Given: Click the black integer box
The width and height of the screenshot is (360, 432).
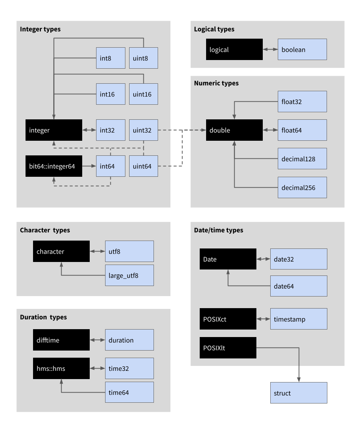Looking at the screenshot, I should [x=54, y=130].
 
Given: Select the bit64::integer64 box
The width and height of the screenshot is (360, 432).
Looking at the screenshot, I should [x=54, y=166].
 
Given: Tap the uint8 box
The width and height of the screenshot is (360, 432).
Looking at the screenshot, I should [x=143, y=58].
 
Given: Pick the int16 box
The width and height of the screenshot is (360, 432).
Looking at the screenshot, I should [x=111, y=94].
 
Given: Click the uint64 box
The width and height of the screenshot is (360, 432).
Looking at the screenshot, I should [x=143, y=166].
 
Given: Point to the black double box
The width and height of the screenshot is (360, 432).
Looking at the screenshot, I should [x=234, y=130].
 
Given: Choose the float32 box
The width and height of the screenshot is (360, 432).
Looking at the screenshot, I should [x=302, y=101].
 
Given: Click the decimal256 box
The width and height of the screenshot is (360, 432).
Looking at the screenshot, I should [x=302, y=187].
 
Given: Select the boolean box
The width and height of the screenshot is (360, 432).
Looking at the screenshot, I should [x=302, y=49].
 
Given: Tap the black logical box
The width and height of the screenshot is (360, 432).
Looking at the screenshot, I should [x=234, y=49].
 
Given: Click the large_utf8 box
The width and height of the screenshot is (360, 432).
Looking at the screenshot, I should [x=129, y=275].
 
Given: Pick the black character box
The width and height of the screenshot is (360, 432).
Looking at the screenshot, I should [x=61, y=251].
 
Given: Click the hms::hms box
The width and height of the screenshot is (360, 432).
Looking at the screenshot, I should [x=61, y=368].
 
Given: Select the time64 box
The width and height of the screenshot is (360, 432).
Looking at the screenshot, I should [x=129, y=392].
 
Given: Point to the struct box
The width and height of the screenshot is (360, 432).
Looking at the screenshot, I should [x=298, y=393].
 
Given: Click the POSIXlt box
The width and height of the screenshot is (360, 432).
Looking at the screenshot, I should [x=228, y=348].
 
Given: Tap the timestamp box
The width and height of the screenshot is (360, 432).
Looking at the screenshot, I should [x=298, y=319].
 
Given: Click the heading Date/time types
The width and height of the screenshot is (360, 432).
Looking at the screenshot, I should [x=218, y=230].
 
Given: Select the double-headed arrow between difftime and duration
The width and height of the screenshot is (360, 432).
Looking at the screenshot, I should [x=98, y=340].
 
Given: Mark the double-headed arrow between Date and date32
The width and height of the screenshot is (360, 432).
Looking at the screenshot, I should [x=263, y=259].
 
